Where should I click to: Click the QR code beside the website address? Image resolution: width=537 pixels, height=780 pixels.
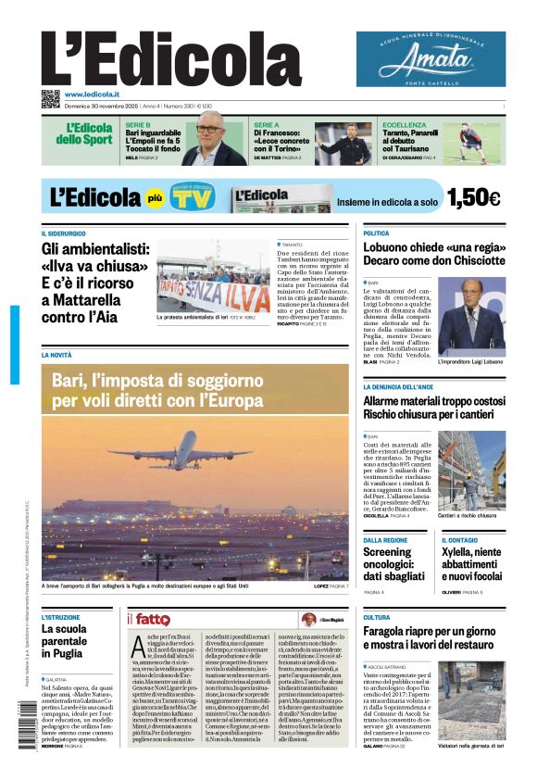(50, 99)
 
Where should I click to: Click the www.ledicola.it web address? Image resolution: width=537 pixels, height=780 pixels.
(92, 94)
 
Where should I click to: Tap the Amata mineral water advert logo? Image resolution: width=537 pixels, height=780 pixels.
(431, 60)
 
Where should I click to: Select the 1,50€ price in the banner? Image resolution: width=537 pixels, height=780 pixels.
(472, 197)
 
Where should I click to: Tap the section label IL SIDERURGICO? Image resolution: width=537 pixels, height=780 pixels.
(63, 233)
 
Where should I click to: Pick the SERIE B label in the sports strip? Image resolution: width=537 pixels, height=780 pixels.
(138, 125)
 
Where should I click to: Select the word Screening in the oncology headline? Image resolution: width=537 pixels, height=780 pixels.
(387, 551)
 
